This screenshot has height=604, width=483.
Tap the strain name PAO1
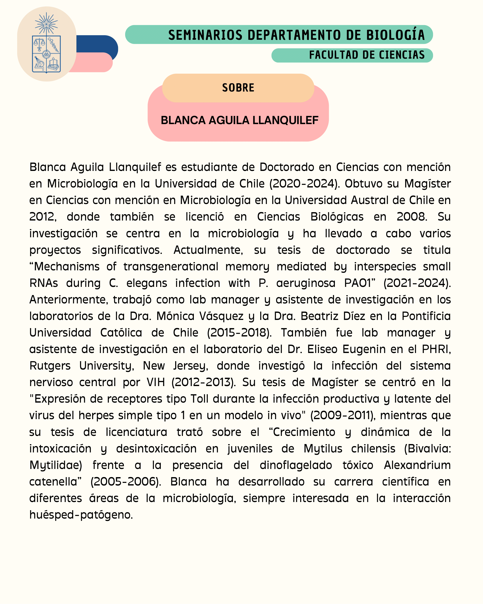coord(360,283)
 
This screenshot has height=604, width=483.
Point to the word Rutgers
coord(50,366)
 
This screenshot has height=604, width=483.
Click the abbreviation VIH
coord(156,382)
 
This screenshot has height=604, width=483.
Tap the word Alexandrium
coord(417,465)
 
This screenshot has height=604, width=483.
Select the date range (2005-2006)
coord(126,482)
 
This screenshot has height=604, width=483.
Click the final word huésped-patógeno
coord(81,515)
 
